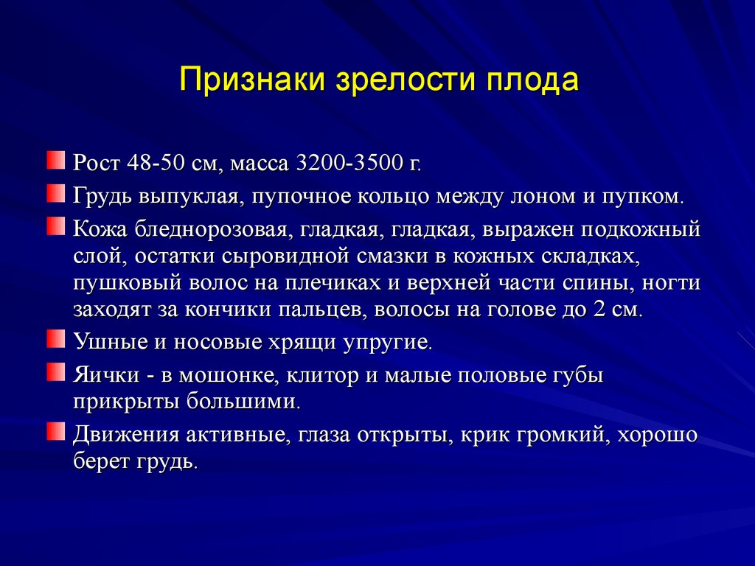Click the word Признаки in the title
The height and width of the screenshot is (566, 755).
[252, 80]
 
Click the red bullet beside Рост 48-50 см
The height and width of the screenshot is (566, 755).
[56, 160]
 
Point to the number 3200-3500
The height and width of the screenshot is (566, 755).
[353, 164]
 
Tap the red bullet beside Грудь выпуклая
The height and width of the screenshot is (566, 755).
[56, 193]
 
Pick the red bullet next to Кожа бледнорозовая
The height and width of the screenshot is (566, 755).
[56, 226]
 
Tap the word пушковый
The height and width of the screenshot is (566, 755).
[128, 284]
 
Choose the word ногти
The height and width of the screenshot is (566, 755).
[671, 284]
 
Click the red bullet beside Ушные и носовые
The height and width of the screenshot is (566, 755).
[56, 338]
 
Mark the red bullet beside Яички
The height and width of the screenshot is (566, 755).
[56, 371]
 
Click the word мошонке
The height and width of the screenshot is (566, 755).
[229, 376]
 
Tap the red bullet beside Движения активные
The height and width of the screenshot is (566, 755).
[56, 431]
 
